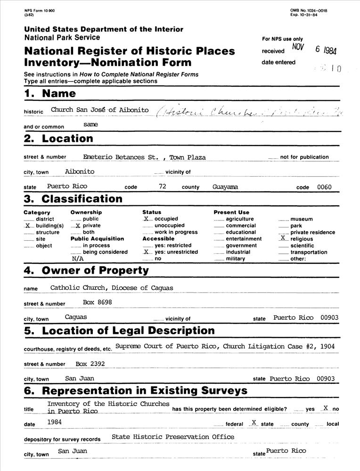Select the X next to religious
[283, 238]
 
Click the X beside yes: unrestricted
[147, 252]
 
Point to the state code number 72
[163, 187]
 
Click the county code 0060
[324, 187]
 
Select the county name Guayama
[225, 187]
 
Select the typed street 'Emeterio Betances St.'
[121, 157]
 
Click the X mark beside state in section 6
[254, 422]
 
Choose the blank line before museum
[283, 219]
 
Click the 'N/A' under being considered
[78, 259]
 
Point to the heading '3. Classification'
[73, 199]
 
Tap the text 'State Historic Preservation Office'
[173, 437]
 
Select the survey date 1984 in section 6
[55, 422]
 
